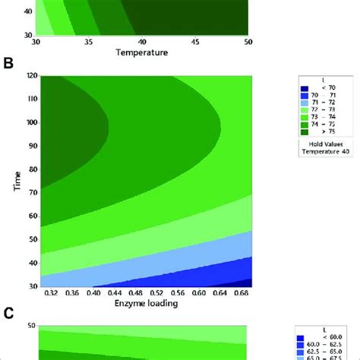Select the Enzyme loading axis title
[x=145, y=304]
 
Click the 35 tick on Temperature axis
[x=89, y=43]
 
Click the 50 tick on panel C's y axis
[x=30, y=324]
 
